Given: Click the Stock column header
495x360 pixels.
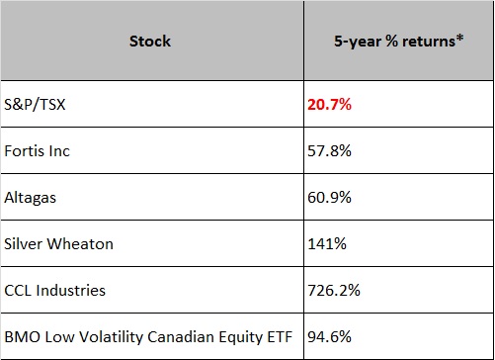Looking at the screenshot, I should point(150,42).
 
